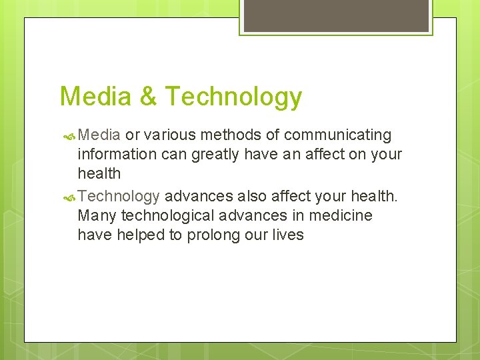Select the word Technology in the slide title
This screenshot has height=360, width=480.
(x=233, y=97)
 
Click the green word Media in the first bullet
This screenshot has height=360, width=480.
(x=99, y=135)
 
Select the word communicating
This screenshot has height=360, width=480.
(x=337, y=135)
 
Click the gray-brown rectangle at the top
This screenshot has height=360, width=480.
(x=335, y=15)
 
